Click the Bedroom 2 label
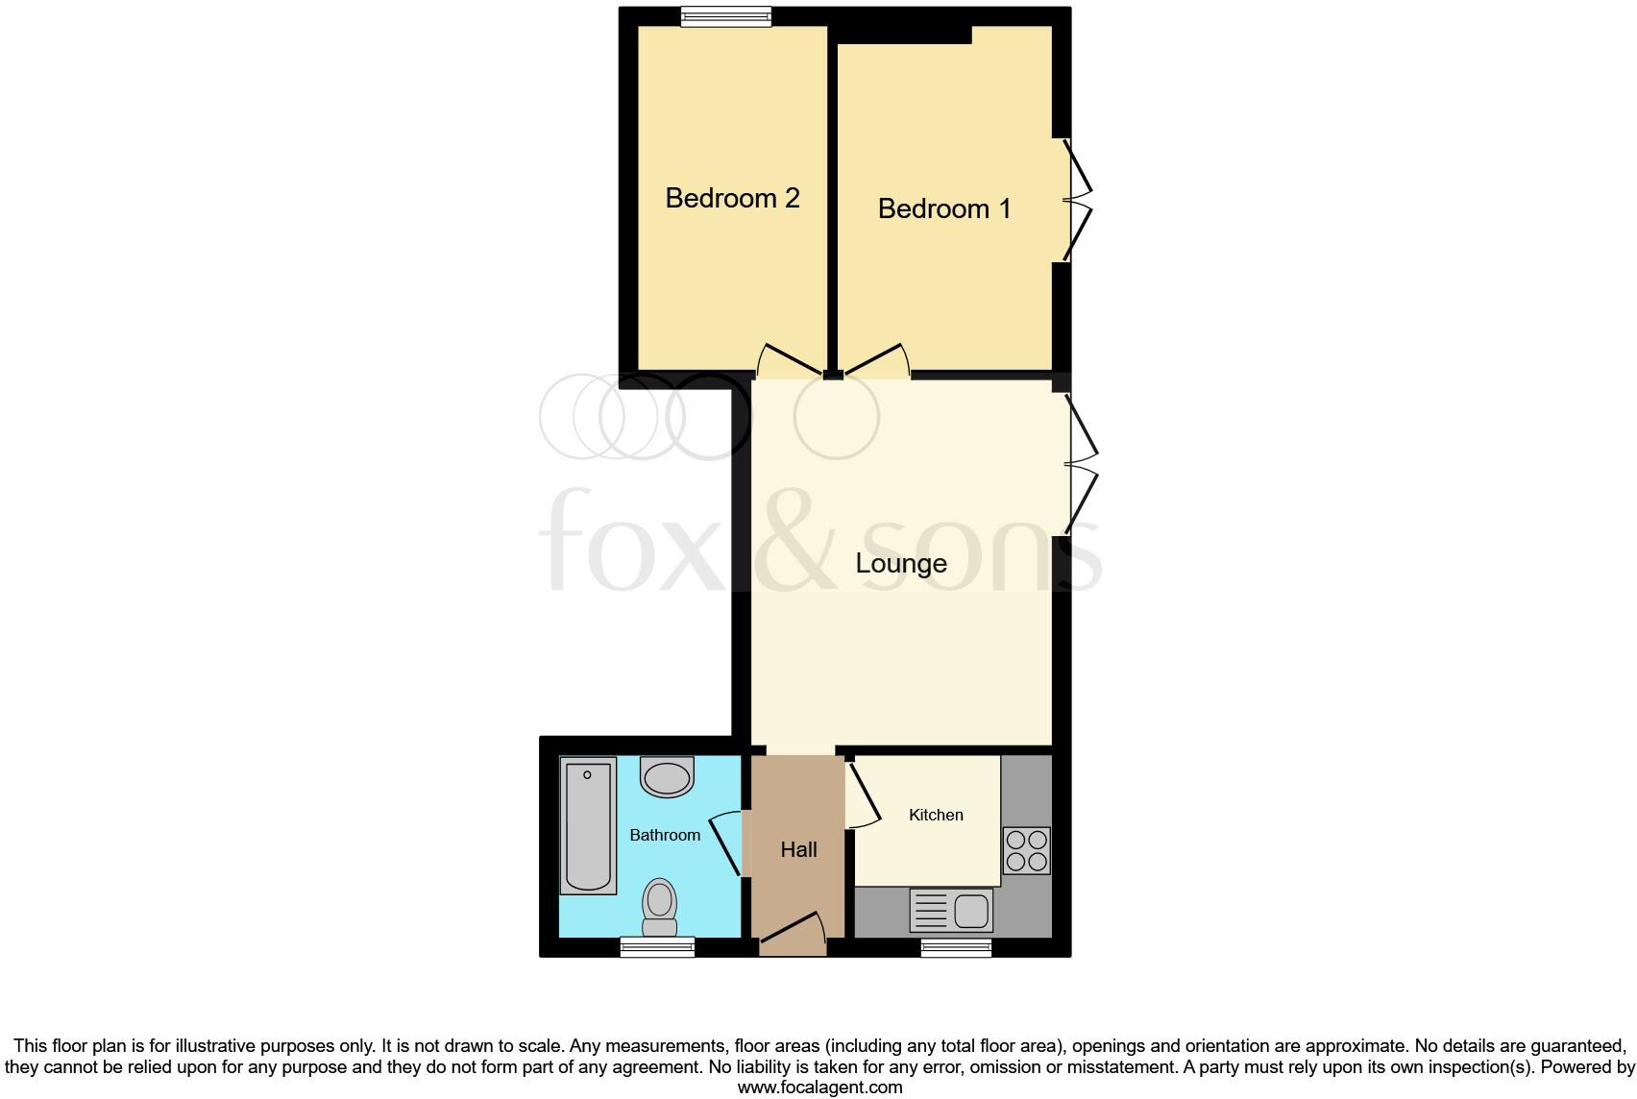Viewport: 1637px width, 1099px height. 732,198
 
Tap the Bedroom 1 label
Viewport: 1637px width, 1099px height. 944,208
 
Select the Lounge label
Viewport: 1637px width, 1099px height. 901,563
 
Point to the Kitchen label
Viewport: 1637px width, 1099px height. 936,815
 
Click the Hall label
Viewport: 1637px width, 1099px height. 798,849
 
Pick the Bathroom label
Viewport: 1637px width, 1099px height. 665,835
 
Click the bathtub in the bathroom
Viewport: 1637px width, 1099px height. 588,826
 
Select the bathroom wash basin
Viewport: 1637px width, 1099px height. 667,776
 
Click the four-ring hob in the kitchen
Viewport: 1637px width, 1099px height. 1026,850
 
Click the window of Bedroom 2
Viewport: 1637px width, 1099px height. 725,16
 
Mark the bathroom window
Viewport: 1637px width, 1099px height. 657,947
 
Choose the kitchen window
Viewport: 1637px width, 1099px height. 956,947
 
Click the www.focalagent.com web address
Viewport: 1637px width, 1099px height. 819,1087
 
